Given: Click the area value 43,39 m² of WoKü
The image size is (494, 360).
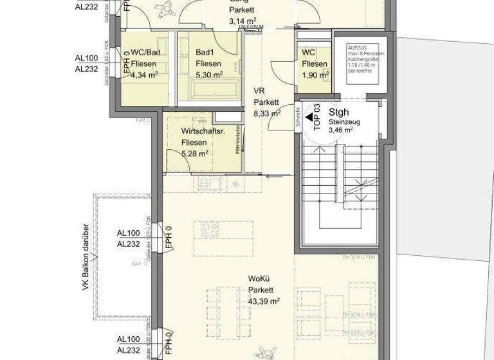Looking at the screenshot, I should click(263, 301).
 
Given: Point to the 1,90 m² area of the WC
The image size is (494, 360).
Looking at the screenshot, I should click(315, 75).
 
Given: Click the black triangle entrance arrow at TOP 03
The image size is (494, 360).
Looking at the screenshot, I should click(309, 118).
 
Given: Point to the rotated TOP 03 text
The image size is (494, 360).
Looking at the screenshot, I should click(316, 118).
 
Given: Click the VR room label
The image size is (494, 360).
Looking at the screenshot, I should click(260, 91).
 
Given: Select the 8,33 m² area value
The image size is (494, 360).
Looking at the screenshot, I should click(266, 113).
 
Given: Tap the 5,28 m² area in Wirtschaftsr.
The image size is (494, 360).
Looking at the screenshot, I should click(194, 154).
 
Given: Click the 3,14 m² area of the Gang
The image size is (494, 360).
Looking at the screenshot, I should click(242, 21).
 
